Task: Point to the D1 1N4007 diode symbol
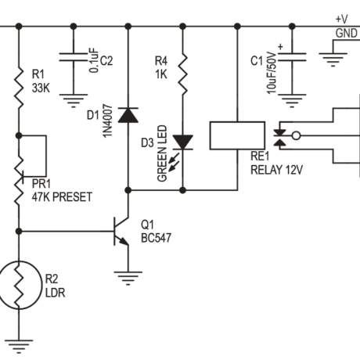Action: pyautogui.click(x=127, y=116)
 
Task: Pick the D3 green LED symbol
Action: pyautogui.click(x=182, y=142)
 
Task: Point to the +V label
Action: pyautogui.click(x=341, y=19)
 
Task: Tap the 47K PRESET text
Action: pyautogui.click(x=62, y=198)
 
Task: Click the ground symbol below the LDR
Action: pyautogui.click(x=18, y=342)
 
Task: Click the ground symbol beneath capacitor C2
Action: pyautogui.click(x=73, y=99)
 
